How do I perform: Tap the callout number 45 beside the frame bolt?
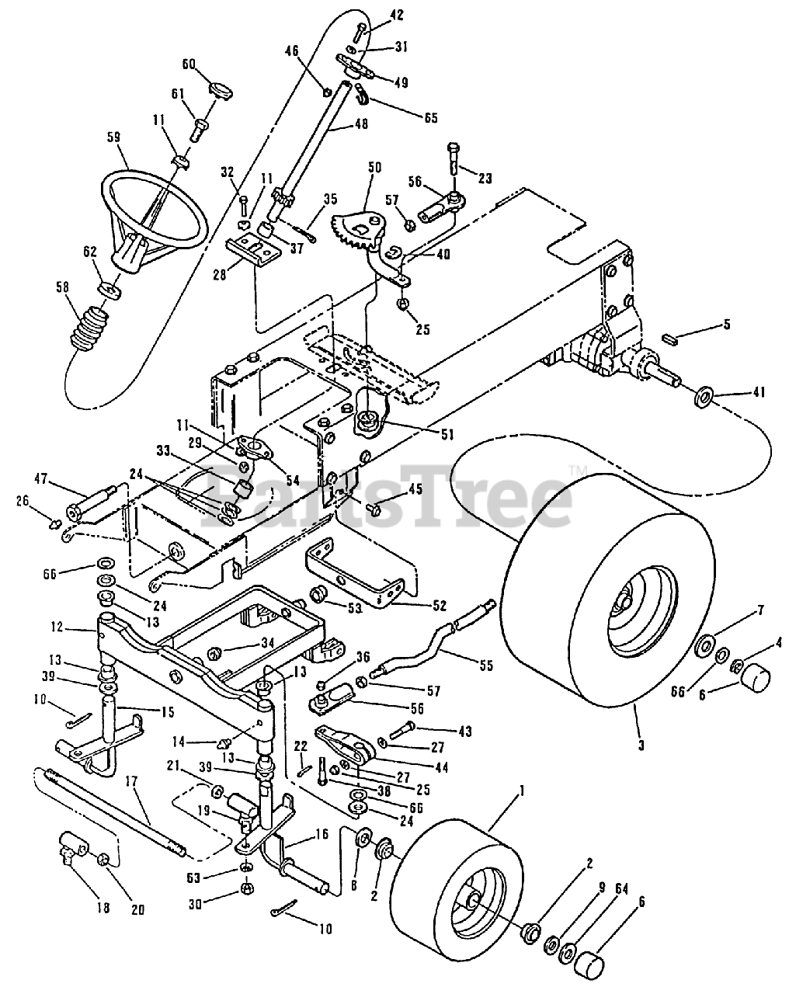[x=415, y=488]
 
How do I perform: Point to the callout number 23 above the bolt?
[x=485, y=178]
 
